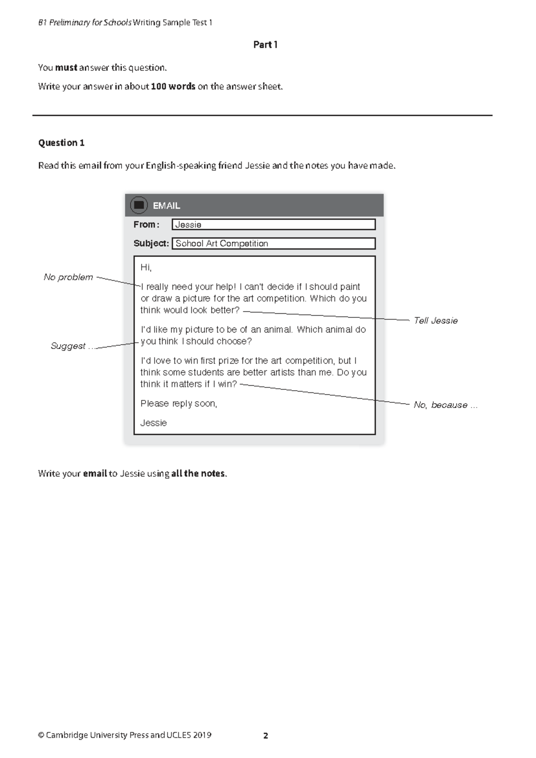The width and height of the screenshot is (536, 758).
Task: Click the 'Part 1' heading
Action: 265,45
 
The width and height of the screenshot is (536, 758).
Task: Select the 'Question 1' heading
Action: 61,143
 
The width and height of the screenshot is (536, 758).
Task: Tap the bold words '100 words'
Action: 173,86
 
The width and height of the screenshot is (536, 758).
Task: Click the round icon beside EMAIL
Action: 138,205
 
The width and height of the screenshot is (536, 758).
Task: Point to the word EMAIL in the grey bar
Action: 166,206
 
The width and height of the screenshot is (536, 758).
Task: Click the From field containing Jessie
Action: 273,224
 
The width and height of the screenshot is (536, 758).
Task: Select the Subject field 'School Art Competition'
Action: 273,244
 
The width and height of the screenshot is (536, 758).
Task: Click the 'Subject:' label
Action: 151,244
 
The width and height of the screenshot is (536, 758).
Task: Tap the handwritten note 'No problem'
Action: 68,277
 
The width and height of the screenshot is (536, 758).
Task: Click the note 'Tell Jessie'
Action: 435,320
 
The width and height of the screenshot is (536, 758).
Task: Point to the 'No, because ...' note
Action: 445,405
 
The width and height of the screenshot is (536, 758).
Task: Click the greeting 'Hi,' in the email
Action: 146,268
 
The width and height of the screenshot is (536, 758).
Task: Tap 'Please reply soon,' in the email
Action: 179,404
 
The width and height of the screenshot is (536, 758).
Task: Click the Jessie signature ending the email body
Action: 154,423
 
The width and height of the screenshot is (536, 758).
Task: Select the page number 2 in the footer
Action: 266,736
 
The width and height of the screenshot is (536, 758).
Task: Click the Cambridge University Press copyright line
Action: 125,735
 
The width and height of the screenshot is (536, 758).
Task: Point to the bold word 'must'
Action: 66,67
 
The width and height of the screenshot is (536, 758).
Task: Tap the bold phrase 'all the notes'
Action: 198,473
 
